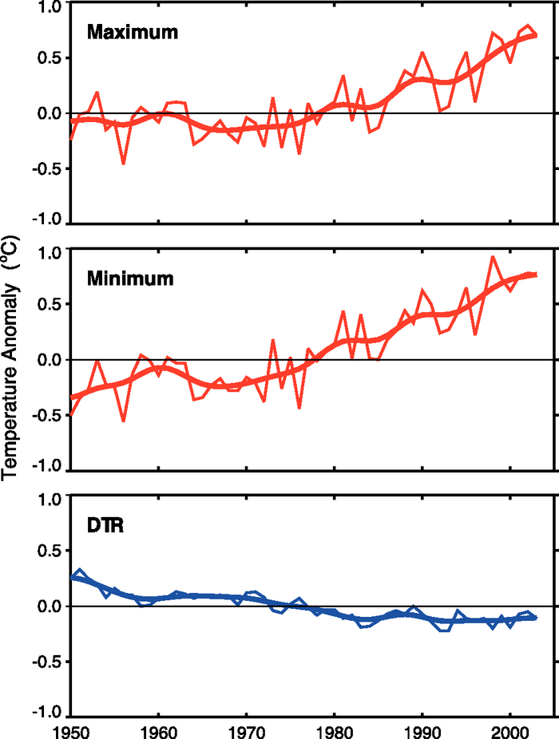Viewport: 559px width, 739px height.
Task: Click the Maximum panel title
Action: (133, 33)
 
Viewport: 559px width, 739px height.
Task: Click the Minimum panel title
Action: (130, 279)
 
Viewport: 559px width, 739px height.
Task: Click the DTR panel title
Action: (105, 527)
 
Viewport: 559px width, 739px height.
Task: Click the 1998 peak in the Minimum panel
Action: (493, 257)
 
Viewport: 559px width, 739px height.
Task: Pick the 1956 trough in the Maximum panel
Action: (124, 163)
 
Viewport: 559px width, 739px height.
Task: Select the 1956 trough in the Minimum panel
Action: (124, 421)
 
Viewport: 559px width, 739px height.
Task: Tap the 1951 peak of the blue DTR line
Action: (80, 571)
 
